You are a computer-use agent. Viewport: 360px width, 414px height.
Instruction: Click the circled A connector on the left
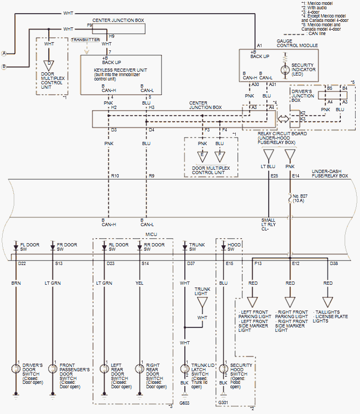click(x=4, y=53)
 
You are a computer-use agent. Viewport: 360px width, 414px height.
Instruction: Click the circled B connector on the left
click(x=4, y=66)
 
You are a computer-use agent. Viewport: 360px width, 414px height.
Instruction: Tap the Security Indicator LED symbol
click(x=284, y=70)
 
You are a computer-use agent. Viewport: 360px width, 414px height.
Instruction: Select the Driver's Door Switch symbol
click(x=16, y=368)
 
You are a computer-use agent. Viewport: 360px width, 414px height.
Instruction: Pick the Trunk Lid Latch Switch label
click(x=203, y=372)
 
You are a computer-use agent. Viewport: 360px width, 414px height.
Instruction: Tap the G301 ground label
click(x=224, y=402)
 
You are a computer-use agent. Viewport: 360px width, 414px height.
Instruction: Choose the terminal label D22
click(x=22, y=263)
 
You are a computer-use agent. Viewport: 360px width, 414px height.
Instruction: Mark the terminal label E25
click(x=274, y=176)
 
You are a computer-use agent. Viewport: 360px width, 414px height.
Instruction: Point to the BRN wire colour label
click(x=16, y=283)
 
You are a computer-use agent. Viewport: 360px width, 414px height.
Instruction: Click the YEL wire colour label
click(x=139, y=283)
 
